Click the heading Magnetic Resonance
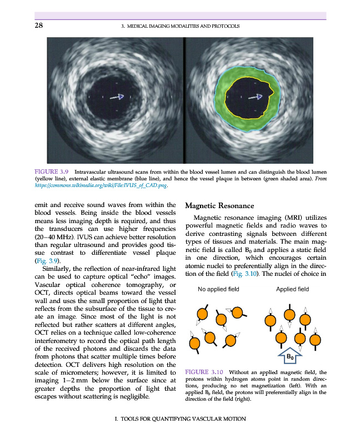click(219, 205)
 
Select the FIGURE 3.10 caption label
click(203, 371)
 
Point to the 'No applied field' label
click(218, 289)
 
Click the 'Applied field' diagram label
click(292, 289)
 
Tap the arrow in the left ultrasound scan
click(117, 97)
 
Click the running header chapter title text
click(180, 26)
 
